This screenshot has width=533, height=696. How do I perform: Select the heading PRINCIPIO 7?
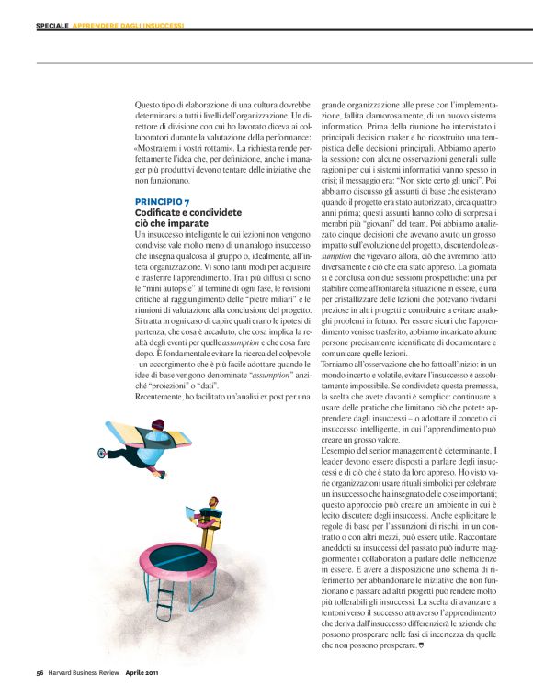point(163,200)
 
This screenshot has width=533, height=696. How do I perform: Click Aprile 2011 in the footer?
point(145,672)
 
